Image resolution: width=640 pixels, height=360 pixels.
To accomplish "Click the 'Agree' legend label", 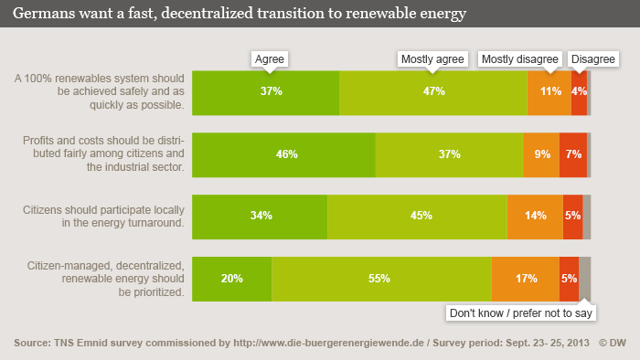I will point(270,58).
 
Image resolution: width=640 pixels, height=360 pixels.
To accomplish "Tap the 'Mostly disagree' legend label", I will point(519,58).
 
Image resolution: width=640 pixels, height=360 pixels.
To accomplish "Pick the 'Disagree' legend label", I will point(592,58).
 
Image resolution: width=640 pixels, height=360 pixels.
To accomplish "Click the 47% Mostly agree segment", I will point(433,91).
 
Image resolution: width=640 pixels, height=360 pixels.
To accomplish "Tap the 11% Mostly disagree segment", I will point(549,91).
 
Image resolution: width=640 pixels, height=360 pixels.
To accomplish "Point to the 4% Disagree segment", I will point(579,91).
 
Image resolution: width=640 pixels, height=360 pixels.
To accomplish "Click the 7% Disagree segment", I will point(573,154).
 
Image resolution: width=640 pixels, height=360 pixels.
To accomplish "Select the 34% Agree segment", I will point(260,216).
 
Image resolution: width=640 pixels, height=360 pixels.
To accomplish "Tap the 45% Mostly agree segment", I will point(417,216).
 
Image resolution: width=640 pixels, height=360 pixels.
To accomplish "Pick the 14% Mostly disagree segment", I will point(535,216).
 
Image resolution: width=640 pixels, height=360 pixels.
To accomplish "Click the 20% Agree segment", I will point(232,279).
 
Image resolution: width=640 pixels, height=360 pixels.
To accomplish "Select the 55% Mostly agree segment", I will point(381,279).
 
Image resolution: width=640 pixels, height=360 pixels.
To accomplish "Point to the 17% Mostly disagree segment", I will point(526,279).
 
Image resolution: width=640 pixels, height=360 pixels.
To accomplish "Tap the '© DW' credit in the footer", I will point(613,343).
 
